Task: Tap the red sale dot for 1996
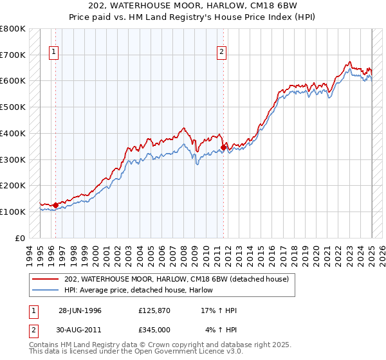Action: [55, 205]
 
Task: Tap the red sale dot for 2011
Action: [223, 147]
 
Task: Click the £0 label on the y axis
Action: [19, 238]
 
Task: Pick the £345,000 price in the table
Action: [154, 330]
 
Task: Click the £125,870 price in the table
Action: [154, 310]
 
